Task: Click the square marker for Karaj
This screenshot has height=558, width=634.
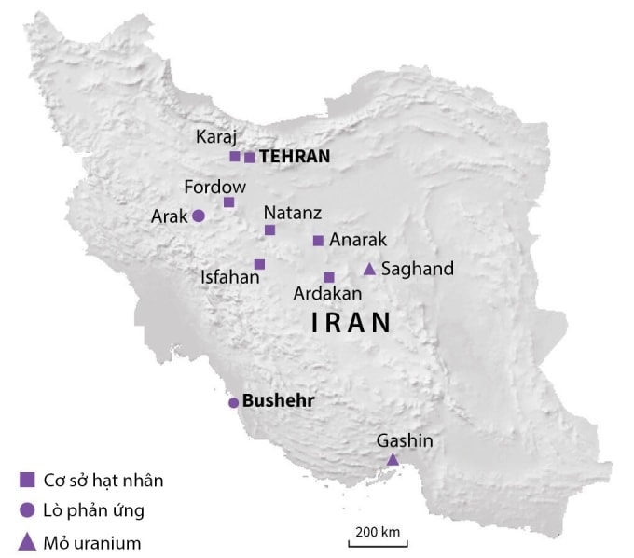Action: [235, 157]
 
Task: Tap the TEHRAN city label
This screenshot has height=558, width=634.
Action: [295, 157]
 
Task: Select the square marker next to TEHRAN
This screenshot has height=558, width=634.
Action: [250, 158]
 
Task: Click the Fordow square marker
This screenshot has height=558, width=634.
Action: [228, 202]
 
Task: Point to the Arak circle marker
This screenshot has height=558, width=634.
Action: [199, 216]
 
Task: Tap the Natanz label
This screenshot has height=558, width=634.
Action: [291, 212]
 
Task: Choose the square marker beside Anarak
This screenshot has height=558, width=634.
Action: [318, 241]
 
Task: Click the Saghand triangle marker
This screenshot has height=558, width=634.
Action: [369, 269]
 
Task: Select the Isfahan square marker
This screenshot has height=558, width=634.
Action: [259, 264]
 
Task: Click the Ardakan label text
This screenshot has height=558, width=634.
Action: [327, 294]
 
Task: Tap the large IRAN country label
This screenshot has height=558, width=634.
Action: [351, 324]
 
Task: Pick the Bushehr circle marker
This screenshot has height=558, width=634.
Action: [233, 403]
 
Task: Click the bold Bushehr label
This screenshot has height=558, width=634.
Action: [278, 401]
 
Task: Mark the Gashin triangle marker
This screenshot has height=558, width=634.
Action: [393, 459]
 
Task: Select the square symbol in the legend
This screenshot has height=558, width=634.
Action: [27, 481]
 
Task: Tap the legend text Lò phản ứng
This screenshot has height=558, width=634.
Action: [94, 510]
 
